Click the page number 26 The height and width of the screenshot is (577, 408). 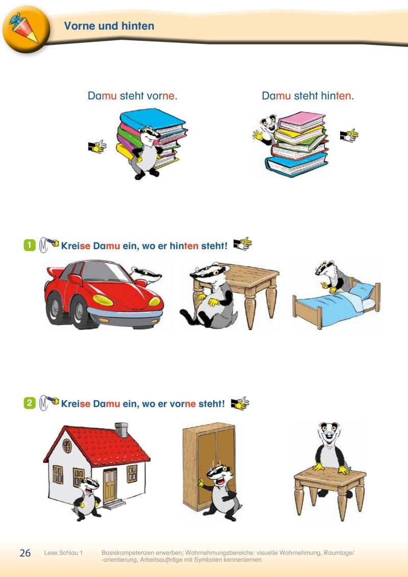[x=25, y=553]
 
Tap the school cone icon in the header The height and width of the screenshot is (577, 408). [x=24, y=28]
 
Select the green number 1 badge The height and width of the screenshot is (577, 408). [x=30, y=245]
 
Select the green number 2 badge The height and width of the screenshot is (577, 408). [x=30, y=403]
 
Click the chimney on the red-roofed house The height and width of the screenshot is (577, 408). [x=121, y=430]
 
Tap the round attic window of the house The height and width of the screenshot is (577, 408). [x=67, y=445]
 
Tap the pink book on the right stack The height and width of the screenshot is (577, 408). [x=302, y=121]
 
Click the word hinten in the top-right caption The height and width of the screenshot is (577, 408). [x=335, y=96]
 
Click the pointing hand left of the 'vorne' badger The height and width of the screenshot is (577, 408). [x=97, y=146]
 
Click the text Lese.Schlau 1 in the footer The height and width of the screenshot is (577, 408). [x=63, y=553]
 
